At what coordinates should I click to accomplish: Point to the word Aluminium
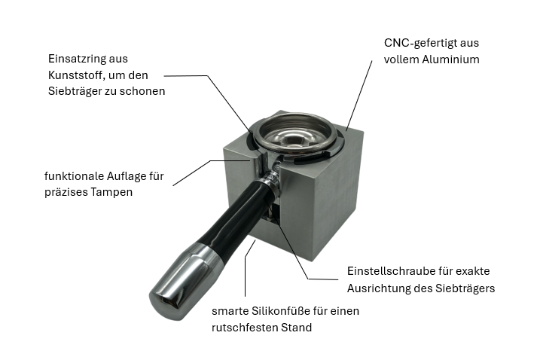(451, 59)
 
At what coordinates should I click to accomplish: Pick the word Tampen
(114, 192)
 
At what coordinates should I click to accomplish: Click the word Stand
(297, 328)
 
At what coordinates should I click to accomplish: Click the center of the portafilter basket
(293, 137)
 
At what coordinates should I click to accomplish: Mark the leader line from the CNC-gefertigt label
(359, 96)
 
